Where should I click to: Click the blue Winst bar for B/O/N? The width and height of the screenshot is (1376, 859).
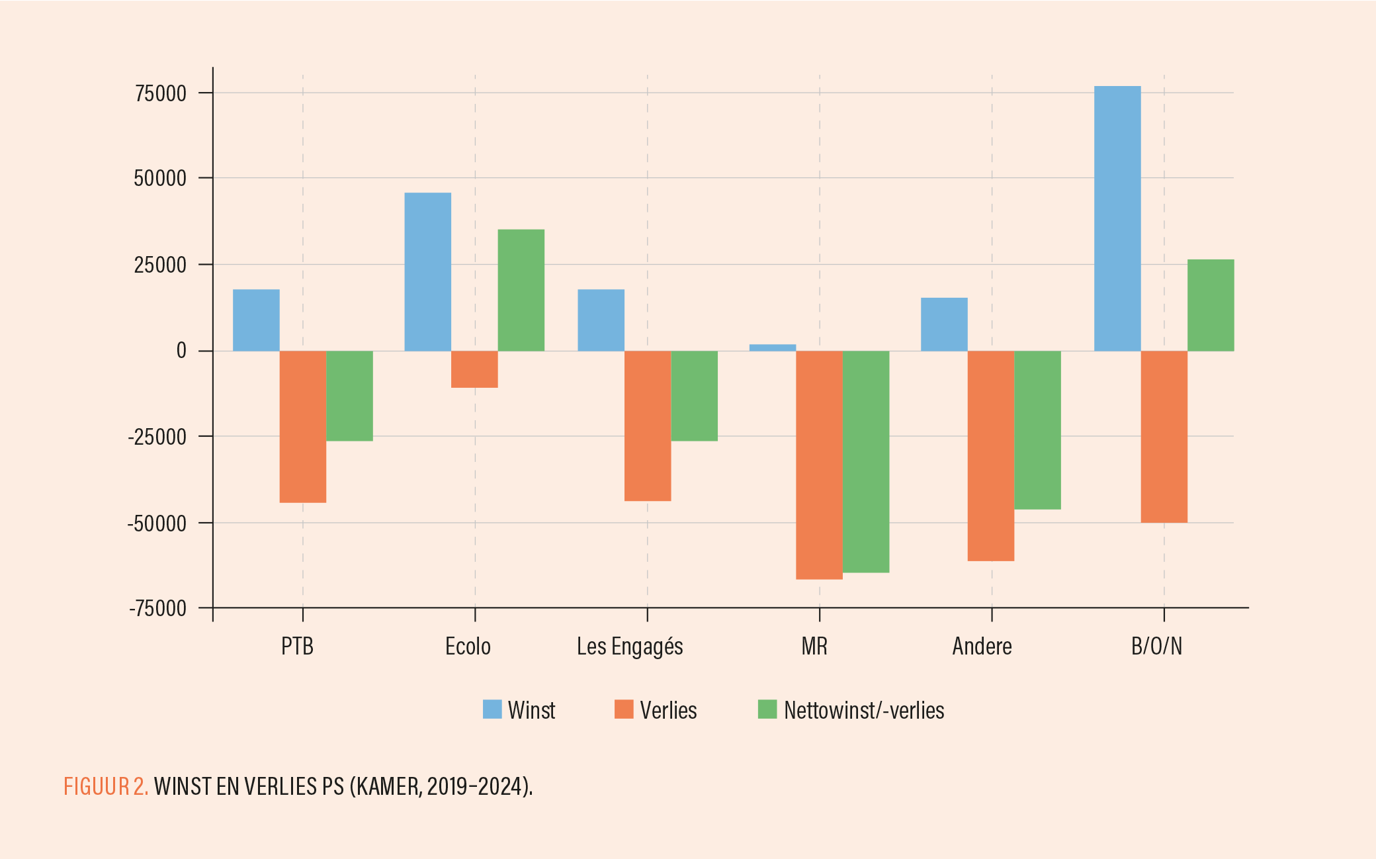coord(1117,218)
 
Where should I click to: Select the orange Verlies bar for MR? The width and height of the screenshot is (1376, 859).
coord(819,465)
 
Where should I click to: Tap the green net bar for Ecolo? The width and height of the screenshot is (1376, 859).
coord(521,290)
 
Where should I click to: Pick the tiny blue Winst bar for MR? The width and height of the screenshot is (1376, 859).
coord(773,347)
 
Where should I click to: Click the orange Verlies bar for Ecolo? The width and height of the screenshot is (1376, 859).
coord(474,369)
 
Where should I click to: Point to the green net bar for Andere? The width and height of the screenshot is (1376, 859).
coord(1037,429)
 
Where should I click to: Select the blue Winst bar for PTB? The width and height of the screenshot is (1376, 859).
coord(256,320)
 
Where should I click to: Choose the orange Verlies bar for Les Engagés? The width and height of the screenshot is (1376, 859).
coord(648,426)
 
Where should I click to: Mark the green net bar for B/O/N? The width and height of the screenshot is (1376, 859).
coord(1211,305)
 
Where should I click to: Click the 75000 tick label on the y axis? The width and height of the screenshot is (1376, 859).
coord(161,93)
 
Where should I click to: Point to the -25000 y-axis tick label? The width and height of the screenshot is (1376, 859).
coord(157,437)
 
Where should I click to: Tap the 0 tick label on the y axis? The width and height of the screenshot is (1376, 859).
coord(181,351)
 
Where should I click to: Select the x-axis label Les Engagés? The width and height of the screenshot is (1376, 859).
coord(630,646)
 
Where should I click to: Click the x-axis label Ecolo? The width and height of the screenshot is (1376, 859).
coord(468,646)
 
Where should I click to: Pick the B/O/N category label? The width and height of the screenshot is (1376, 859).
coord(1156,646)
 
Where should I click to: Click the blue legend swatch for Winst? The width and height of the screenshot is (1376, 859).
coord(492,709)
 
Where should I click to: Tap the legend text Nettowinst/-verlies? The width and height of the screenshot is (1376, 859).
coord(864,710)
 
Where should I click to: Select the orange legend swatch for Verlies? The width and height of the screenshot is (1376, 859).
coord(624,709)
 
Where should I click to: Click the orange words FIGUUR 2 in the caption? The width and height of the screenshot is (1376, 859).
coord(106,786)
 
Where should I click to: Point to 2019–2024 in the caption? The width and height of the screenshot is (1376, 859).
coord(474,786)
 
